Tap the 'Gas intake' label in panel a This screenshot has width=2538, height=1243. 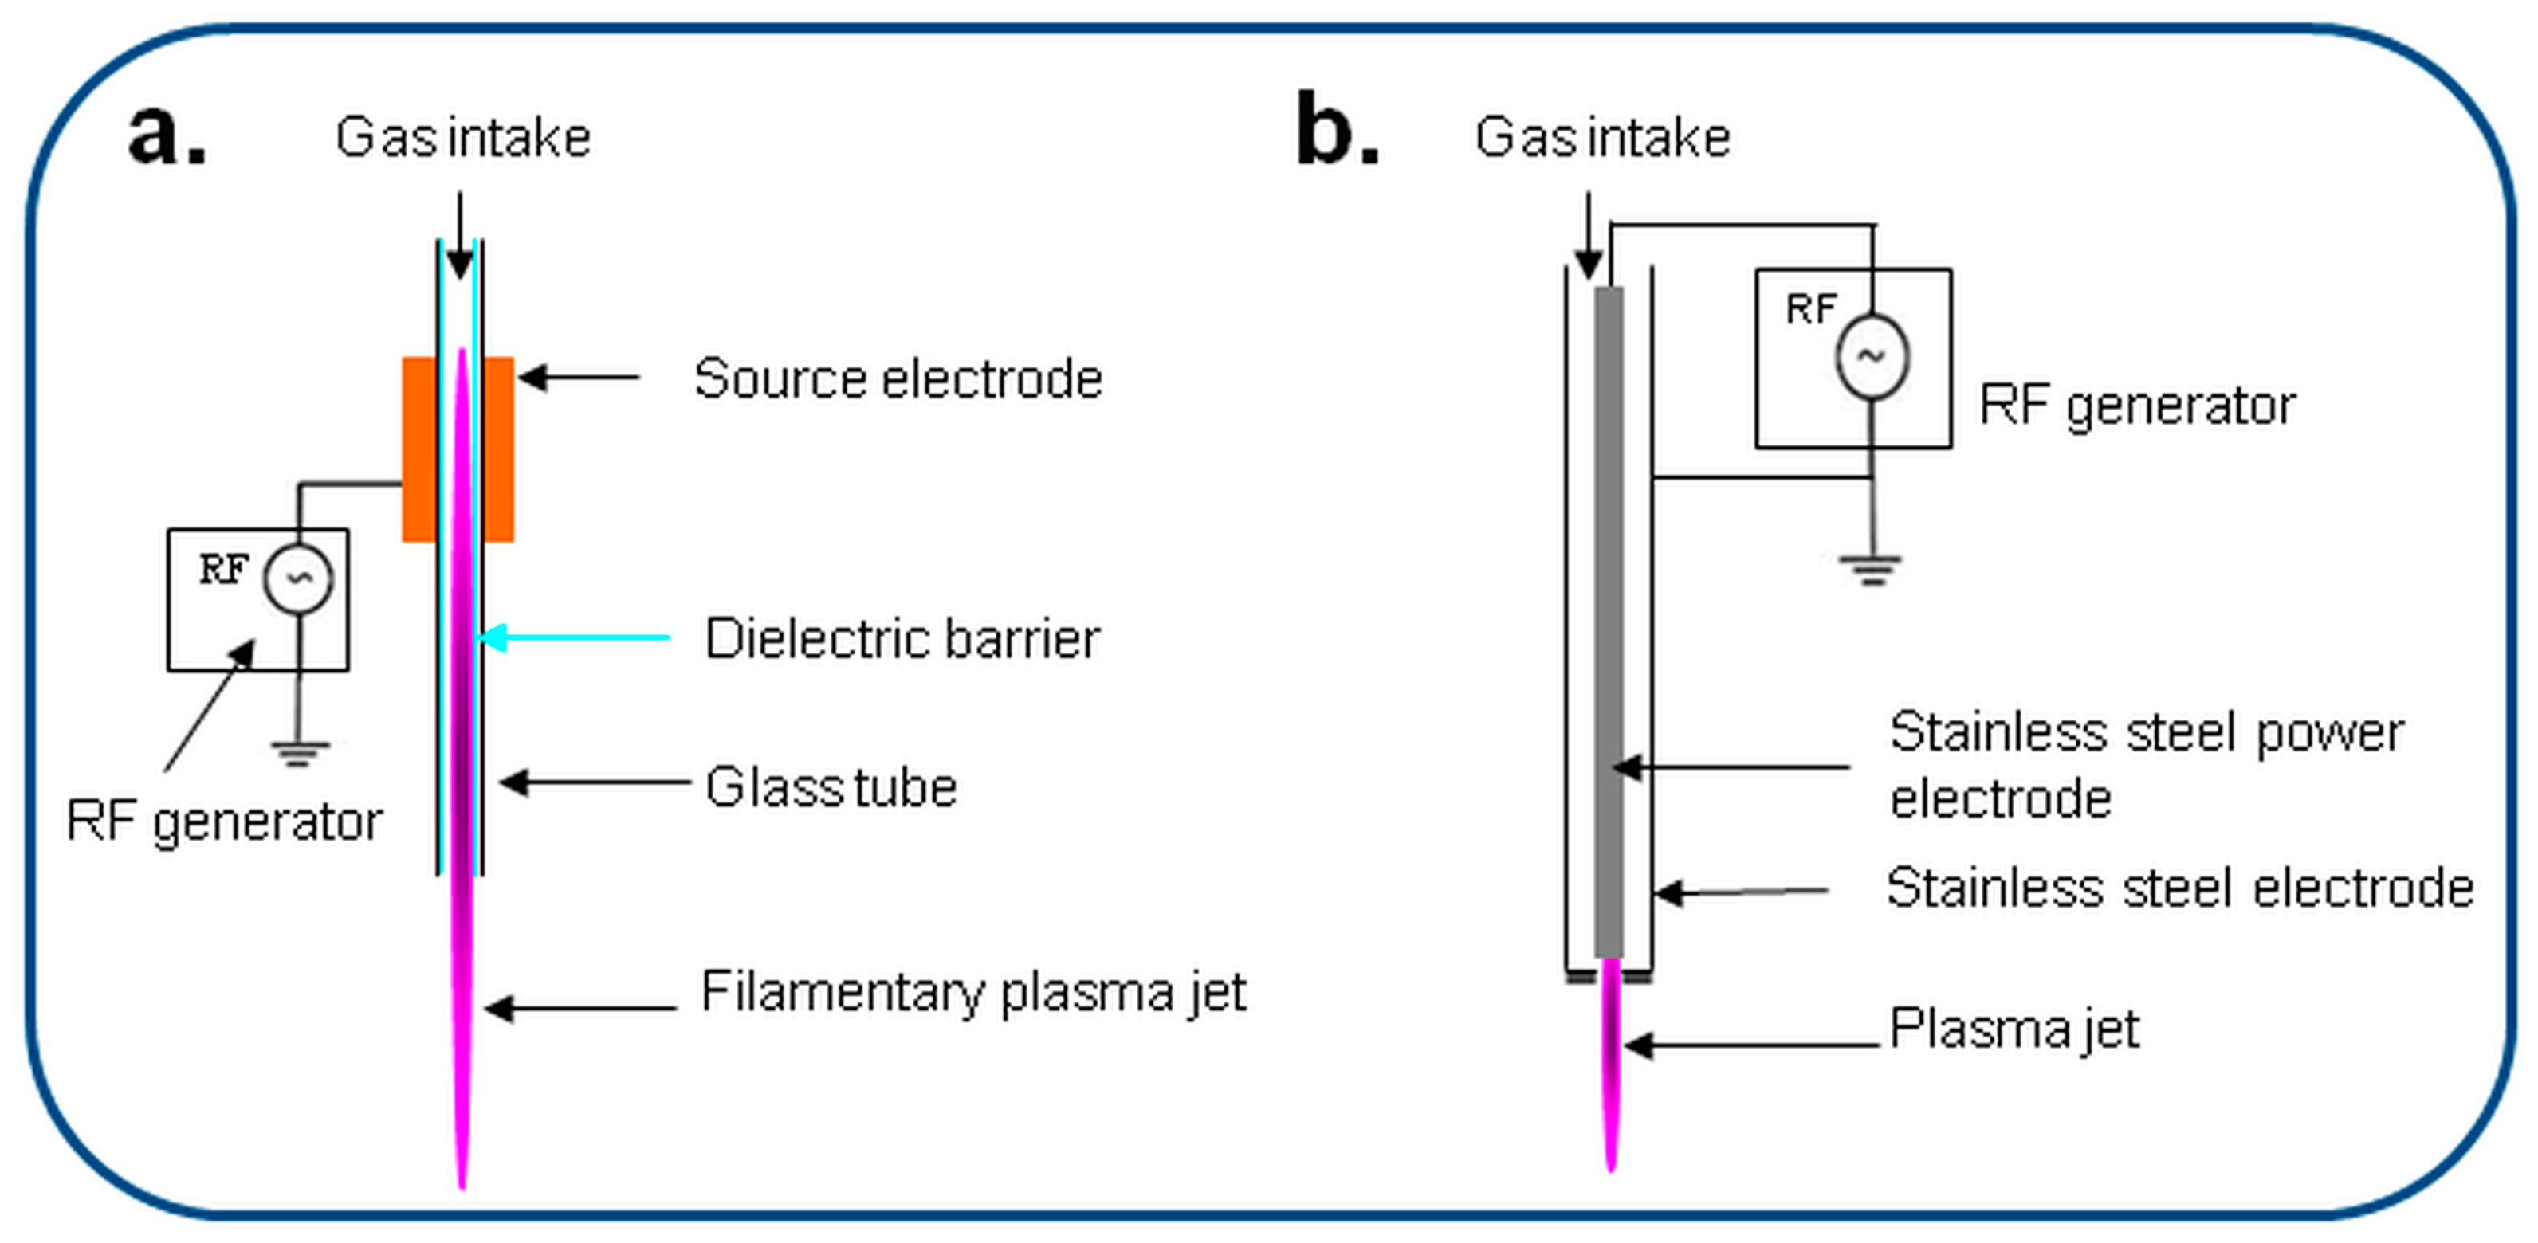462,137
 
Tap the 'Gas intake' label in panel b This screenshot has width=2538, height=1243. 1602,137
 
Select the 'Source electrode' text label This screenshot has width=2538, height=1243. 898,378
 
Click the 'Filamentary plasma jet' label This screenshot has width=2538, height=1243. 973,992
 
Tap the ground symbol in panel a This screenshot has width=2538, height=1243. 300,754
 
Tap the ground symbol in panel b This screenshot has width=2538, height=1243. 1870,569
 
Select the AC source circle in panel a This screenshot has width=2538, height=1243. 299,579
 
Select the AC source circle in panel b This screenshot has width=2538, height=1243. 1871,356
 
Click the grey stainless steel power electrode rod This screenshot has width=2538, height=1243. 1608,621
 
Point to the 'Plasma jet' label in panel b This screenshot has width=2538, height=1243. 2014,1029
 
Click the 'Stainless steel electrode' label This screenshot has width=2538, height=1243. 2179,888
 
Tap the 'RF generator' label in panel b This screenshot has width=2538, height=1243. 2137,405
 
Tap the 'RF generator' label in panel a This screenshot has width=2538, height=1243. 224,821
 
